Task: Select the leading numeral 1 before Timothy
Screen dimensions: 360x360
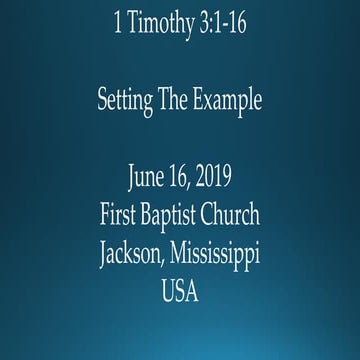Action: (118, 21)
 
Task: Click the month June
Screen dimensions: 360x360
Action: (146, 180)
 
